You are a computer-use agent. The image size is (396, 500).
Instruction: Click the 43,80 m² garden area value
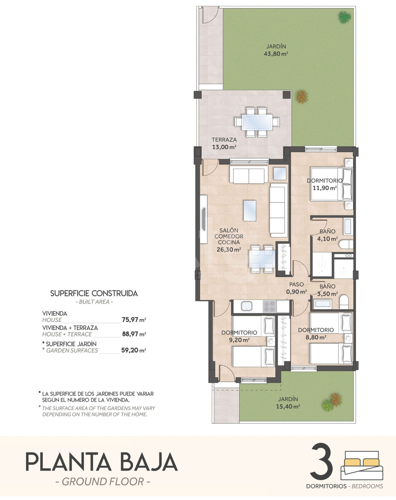(x=276, y=54)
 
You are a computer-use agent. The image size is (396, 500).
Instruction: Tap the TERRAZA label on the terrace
(x=224, y=140)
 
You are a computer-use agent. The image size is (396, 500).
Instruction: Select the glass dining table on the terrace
(x=257, y=122)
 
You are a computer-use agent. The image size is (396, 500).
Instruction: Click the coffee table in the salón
(x=250, y=210)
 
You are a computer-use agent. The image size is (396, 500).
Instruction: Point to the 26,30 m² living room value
(x=229, y=250)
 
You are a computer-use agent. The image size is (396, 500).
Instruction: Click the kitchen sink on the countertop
(x=247, y=306)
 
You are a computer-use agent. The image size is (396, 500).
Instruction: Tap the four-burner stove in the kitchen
(x=270, y=306)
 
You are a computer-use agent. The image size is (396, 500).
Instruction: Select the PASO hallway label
(x=297, y=284)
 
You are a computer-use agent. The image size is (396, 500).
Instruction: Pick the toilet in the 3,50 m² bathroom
(x=344, y=302)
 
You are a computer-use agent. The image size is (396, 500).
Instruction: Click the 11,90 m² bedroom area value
(x=325, y=188)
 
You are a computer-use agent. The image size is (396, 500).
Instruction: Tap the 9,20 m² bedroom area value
(x=240, y=340)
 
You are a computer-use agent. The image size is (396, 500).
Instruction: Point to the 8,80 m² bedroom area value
(x=316, y=337)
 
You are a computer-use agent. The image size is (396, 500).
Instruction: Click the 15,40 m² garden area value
(x=288, y=406)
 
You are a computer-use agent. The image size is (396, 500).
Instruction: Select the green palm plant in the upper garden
(x=345, y=17)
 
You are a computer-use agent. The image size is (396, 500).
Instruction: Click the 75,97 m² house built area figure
(x=134, y=320)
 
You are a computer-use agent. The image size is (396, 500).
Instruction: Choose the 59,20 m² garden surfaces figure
(x=134, y=350)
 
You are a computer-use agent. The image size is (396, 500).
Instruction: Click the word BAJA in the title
(x=149, y=462)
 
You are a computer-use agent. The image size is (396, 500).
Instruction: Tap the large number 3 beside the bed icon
(x=322, y=461)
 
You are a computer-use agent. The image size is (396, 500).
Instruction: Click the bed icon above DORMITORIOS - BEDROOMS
(x=362, y=465)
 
